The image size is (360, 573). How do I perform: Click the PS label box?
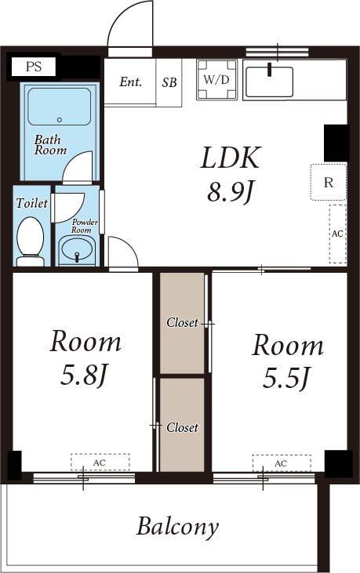tap(33, 67)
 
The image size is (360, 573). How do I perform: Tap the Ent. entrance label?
tap(130, 82)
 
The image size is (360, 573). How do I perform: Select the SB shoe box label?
tap(169, 82)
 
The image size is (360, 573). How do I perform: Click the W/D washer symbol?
tap(216, 80)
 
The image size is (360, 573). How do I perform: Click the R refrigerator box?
tap(329, 183)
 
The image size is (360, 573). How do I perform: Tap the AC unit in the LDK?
tap(337, 234)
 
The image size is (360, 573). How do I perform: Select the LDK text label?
tap(230, 158)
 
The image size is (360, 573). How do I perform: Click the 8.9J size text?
tap(230, 191)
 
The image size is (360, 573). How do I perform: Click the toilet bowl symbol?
tap(31, 237)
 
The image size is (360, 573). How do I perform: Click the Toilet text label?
tap(31, 203)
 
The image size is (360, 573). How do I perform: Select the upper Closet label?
tap(182, 322)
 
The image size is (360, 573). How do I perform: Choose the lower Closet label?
tap(182, 427)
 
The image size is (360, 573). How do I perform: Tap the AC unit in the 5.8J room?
tap(100, 462)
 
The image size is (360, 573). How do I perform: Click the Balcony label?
tap(177, 527)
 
